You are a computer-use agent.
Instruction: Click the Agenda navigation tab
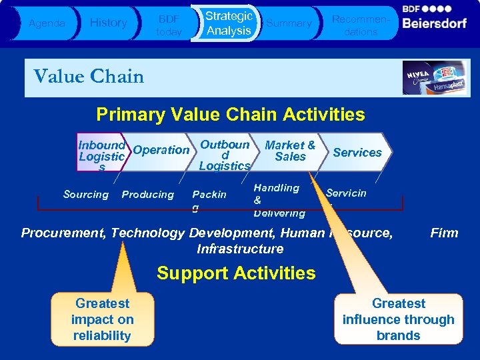(x=47, y=23)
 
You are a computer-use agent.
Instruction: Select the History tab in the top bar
(x=108, y=23)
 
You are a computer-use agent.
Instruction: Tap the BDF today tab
(x=168, y=24)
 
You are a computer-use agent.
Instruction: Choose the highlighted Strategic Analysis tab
(x=228, y=23)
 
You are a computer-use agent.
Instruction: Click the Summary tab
(x=289, y=23)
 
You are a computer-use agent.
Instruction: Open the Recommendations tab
(x=360, y=24)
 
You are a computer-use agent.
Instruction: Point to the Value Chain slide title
(x=89, y=77)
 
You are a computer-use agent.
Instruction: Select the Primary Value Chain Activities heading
(x=230, y=115)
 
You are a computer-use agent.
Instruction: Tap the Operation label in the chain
(x=161, y=150)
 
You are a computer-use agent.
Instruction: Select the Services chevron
(x=357, y=153)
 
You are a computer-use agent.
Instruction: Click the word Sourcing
(x=85, y=195)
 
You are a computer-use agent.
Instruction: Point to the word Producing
(x=147, y=195)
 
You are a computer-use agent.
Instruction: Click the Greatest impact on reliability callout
(x=102, y=320)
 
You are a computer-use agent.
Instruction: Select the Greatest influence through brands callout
(x=398, y=320)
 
